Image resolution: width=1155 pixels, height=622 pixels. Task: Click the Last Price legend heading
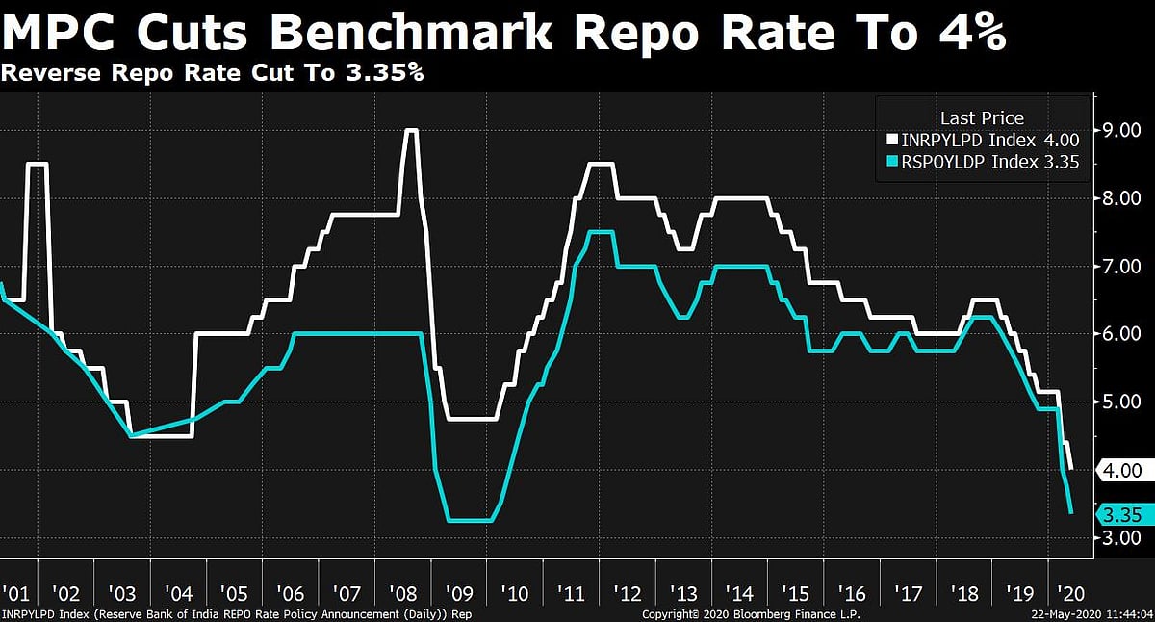pos(982,118)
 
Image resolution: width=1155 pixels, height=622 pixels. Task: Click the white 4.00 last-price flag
pos(1121,471)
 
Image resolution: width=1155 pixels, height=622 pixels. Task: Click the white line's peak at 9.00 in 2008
pos(411,130)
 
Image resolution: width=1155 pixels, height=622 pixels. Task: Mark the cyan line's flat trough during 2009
pos(472,520)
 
